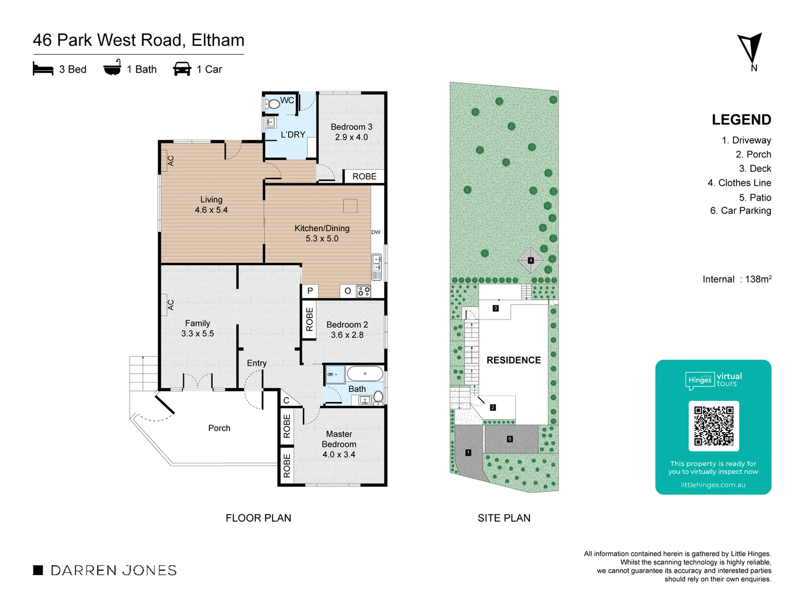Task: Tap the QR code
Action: [x=714, y=425]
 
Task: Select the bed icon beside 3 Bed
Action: [x=43, y=69]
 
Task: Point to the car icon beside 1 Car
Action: [x=182, y=69]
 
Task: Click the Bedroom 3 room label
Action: [x=351, y=127]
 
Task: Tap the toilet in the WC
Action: [x=273, y=104]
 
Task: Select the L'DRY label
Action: [x=293, y=135]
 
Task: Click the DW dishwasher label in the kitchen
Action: [x=376, y=232]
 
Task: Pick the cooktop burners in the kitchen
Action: [x=364, y=291]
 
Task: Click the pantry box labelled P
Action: [x=310, y=291]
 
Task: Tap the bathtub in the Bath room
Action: [x=365, y=374]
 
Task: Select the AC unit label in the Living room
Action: [x=170, y=160]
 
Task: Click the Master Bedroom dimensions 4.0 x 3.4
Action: [x=339, y=454]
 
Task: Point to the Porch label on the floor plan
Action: [x=219, y=428]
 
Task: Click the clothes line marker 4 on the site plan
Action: [x=530, y=260]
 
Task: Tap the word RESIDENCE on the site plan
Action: [x=514, y=360]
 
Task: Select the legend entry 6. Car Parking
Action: [x=740, y=210]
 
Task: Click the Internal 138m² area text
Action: [x=737, y=279]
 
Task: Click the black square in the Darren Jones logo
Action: [x=38, y=570]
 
